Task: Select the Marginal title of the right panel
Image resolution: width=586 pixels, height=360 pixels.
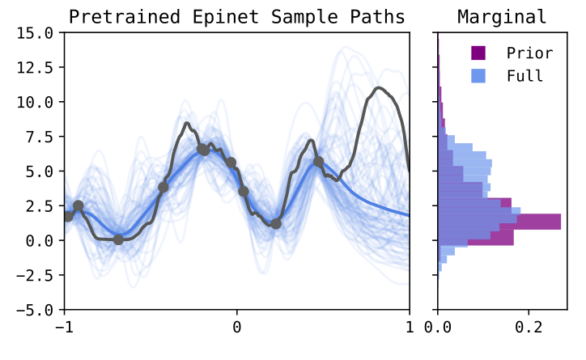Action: [x=502, y=16]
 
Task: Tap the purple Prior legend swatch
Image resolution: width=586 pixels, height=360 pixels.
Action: [x=478, y=53]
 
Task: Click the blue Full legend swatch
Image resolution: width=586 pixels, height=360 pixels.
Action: [x=478, y=76]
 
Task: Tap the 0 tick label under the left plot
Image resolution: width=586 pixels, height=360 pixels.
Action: [x=236, y=328]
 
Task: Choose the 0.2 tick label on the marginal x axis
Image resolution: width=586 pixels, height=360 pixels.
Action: [x=529, y=328]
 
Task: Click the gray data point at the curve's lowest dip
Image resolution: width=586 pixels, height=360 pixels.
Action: [x=118, y=239]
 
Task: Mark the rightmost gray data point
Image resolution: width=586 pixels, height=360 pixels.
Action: [x=319, y=162]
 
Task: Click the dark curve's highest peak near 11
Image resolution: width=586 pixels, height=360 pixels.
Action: [x=377, y=88]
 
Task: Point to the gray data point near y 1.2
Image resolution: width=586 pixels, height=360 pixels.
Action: [x=275, y=223]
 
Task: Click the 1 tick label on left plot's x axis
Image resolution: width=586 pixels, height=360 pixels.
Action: [x=410, y=328]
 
